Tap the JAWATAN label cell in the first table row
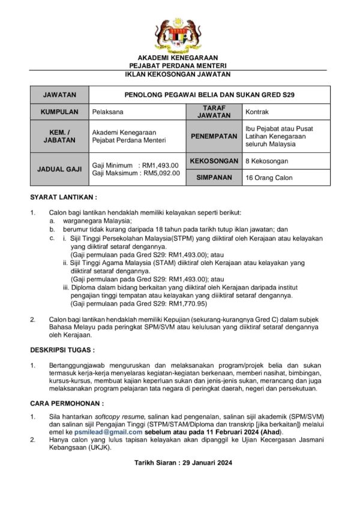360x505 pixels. point(59,95)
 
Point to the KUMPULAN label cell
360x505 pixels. point(59,112)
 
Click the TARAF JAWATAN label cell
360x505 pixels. point(214,112)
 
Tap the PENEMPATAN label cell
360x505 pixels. point(214,136)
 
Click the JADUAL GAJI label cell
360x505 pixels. point(59,169)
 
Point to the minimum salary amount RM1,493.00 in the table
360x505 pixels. point(159,165)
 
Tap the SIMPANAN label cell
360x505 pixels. point(214,178)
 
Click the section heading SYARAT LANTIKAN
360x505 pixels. point(64,197)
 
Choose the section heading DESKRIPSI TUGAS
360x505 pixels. point(62,349)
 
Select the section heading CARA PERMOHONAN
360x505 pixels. point(67,403)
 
